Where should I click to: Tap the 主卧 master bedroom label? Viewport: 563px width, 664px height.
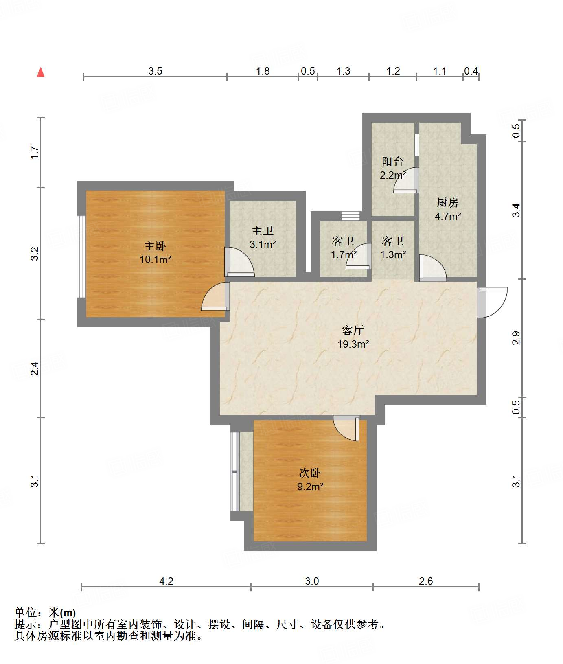coord(155,246)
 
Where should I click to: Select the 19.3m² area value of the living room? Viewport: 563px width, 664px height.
coord(353,344)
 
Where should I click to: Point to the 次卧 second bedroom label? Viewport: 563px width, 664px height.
coord(310,473)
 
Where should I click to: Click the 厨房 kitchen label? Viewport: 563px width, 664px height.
coord(447,202)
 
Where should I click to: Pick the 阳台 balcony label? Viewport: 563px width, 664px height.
coord(393,162)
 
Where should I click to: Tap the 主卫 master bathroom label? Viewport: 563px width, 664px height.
coord(263,231)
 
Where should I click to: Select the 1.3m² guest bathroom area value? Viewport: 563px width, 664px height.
coord(393,255)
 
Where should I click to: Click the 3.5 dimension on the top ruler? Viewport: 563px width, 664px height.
coord(155,71)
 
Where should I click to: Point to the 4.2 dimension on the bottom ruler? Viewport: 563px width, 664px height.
coord(166,581)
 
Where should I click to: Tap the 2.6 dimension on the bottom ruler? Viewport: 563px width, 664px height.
coord(426,581)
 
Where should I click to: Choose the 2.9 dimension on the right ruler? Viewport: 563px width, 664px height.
coord(516,338)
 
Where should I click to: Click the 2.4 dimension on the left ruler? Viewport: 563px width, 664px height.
coord(35,368)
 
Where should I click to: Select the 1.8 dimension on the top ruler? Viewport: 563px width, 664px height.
coord(263,71)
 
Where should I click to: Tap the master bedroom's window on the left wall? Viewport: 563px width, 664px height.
coord(81,257)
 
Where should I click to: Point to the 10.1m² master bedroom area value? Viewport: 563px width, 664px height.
coord(155,259)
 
